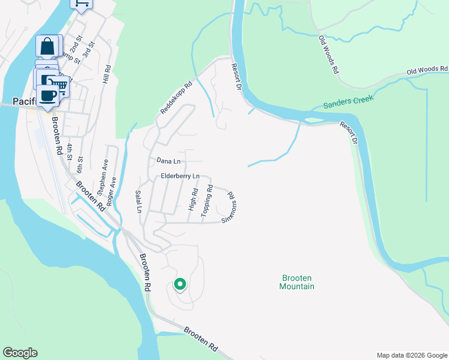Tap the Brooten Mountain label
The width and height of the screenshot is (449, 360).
(x=297, y=282)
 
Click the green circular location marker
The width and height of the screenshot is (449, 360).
(x=179, y=284)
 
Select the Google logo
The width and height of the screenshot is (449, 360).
(x=20, y=353)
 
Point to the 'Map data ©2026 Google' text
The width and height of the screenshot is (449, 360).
(x=411, y=355)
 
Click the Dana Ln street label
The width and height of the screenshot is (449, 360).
(x=168, y=161)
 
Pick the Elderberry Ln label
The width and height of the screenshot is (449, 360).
(x=179, y=176)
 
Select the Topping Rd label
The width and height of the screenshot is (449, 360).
(x=208, y=200)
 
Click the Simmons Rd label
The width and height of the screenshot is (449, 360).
(x=228, y=207)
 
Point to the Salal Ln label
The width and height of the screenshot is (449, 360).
(x=139, y=202)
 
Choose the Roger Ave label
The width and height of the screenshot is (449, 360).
(x=111, y=192)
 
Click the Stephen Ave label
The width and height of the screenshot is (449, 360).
(x=103, y=174)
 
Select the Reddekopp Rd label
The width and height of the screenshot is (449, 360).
(x=176, y=98)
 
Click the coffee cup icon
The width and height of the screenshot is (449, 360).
(x=47, y=95)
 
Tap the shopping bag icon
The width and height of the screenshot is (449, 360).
(x=48, y=46)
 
